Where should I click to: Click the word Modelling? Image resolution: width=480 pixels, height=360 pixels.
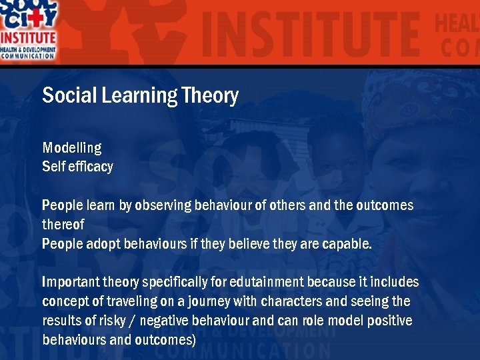[x=72, y=148]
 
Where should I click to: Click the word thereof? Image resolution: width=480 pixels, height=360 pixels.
[x=63, y=225]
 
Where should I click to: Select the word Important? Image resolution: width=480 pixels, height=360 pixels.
[x=70, y=283]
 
